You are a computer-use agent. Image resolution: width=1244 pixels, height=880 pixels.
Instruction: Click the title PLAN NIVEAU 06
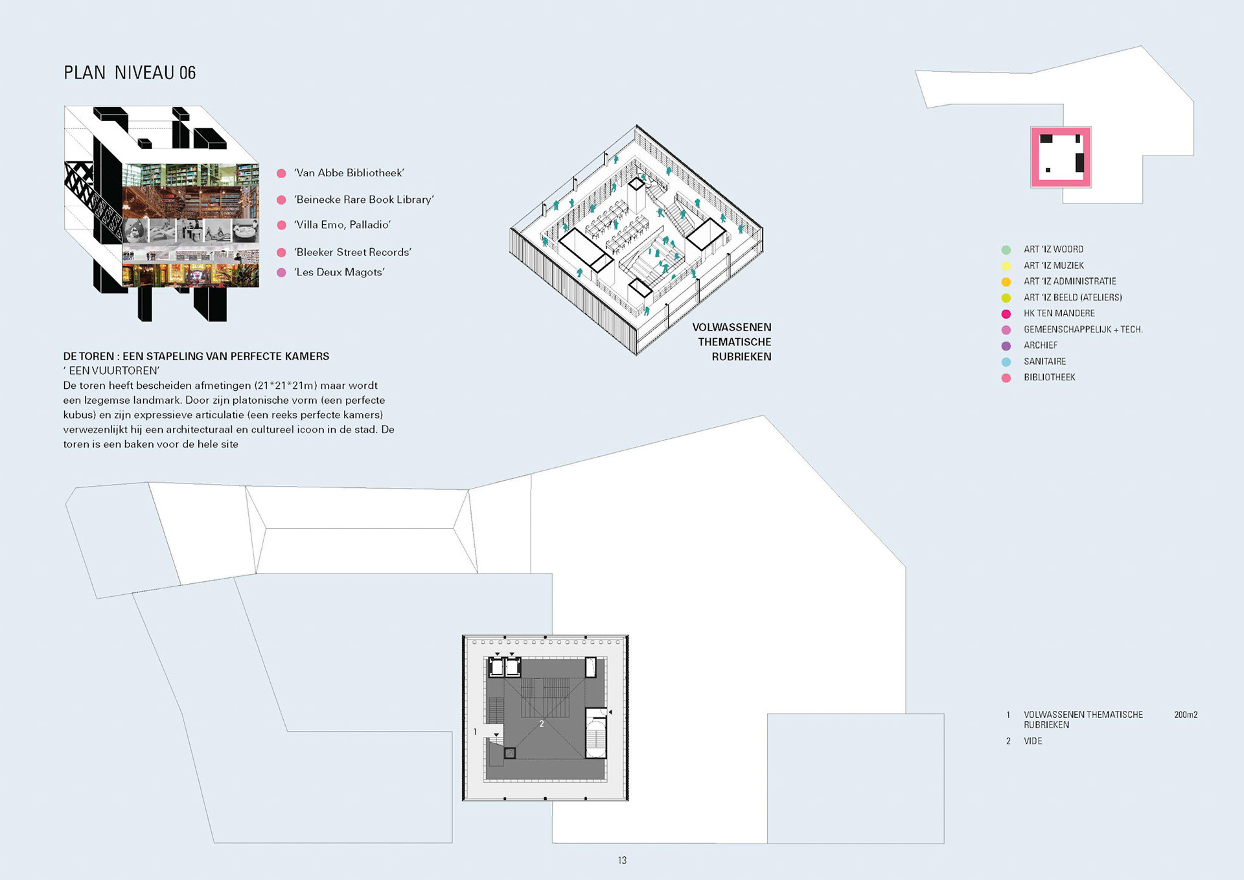(x=130, y=73)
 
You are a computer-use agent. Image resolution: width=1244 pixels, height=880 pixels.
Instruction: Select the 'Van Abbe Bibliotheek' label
(x=349, y=173)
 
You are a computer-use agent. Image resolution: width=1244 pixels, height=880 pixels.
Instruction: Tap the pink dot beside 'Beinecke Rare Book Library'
(x=281, y=200)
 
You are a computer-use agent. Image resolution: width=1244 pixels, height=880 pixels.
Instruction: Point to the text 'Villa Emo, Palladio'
(x=343, y=225)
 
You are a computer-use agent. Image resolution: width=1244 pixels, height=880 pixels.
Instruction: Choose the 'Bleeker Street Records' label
(x=353, y=252)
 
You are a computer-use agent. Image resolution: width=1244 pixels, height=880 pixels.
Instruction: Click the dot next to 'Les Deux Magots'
(x=281, y=273)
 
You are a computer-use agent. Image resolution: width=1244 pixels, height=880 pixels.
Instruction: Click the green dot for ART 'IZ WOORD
(x=1006, y=249)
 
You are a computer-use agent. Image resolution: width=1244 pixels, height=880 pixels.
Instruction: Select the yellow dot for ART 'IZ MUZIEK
(x=1006, y=266)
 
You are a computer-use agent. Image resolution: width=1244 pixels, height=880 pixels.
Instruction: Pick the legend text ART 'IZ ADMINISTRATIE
(x=1070, y=281)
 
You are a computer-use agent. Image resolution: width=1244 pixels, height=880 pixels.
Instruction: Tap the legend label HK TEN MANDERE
(x=1059, y=314)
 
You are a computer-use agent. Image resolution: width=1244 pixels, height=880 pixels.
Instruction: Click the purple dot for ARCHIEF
(x=1006, y=346)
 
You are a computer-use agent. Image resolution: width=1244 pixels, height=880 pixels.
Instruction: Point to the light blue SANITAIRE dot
(x=1006, y=362)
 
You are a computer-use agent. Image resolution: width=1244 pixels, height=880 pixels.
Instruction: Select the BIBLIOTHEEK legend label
(x=1050, y=377)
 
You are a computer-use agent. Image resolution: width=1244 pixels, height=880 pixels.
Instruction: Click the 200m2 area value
(x=1186, y=715)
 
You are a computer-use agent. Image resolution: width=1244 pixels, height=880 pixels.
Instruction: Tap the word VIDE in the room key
(x=1033, y=741)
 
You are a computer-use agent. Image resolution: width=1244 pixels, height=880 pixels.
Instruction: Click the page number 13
(x=622, y=861)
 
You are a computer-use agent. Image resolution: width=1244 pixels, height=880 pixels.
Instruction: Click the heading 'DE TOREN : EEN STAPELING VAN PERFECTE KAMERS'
(x=196, y=356)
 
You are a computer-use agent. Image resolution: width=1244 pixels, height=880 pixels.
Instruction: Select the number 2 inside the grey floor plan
(x=542, y=724)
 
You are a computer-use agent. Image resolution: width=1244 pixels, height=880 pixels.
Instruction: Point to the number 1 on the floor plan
(x=475, y=732)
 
